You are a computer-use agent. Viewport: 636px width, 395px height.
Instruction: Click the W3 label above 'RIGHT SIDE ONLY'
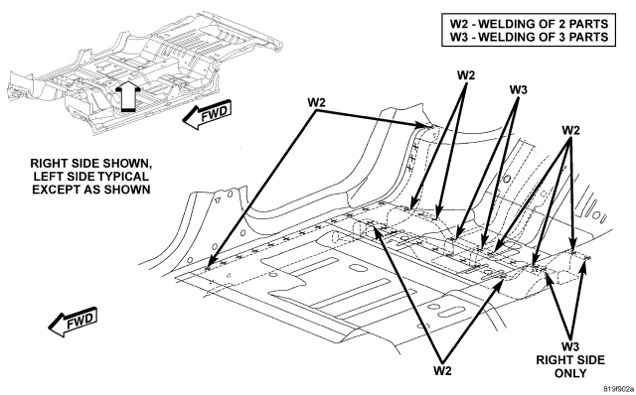tap(570, 346)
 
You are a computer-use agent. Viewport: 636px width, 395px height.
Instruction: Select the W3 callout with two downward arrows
tap(518, 89)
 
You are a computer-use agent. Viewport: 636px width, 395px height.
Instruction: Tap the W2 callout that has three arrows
tap(570, 130)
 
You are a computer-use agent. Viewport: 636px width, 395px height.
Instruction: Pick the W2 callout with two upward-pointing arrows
tap(442, 370)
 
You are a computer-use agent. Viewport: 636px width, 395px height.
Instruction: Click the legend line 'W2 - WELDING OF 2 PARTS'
tap(529, 24)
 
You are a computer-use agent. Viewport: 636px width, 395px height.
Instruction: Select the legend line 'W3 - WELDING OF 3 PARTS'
tap(529, 37)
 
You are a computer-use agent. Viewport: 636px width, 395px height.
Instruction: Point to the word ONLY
tap(570, 373)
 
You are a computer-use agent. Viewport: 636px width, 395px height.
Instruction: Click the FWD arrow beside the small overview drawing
tap(208, 114)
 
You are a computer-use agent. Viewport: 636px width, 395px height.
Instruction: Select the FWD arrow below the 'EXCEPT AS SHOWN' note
tap(73, 322)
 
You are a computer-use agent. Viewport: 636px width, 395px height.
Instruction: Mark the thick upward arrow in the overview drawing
tap(128, 96)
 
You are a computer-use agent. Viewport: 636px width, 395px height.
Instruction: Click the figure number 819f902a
tap(618, 389)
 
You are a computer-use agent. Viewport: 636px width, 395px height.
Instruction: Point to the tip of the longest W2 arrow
tap(206, 270)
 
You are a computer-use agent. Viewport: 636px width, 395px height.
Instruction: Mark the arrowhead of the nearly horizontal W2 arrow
tap(430, 126)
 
